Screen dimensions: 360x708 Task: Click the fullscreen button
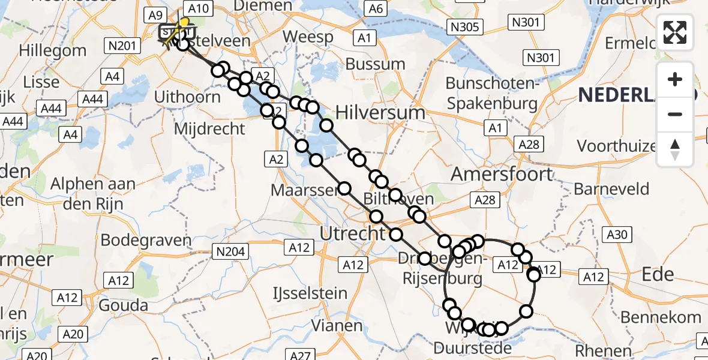(675, 32)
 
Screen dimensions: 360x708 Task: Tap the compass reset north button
(675, 149)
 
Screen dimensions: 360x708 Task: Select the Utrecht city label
(352, 233)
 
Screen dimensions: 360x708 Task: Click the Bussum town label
(376, 64)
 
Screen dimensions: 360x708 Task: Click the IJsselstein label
(310, 293)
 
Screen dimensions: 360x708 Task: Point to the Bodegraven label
(146, 240)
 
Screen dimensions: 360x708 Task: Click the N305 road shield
(464, 25)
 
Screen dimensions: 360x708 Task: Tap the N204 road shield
(230, 251)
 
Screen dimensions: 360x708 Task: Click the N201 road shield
(123, 45)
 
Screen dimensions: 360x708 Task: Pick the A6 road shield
(376, 8)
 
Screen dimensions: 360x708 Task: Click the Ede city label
(658, 274)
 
